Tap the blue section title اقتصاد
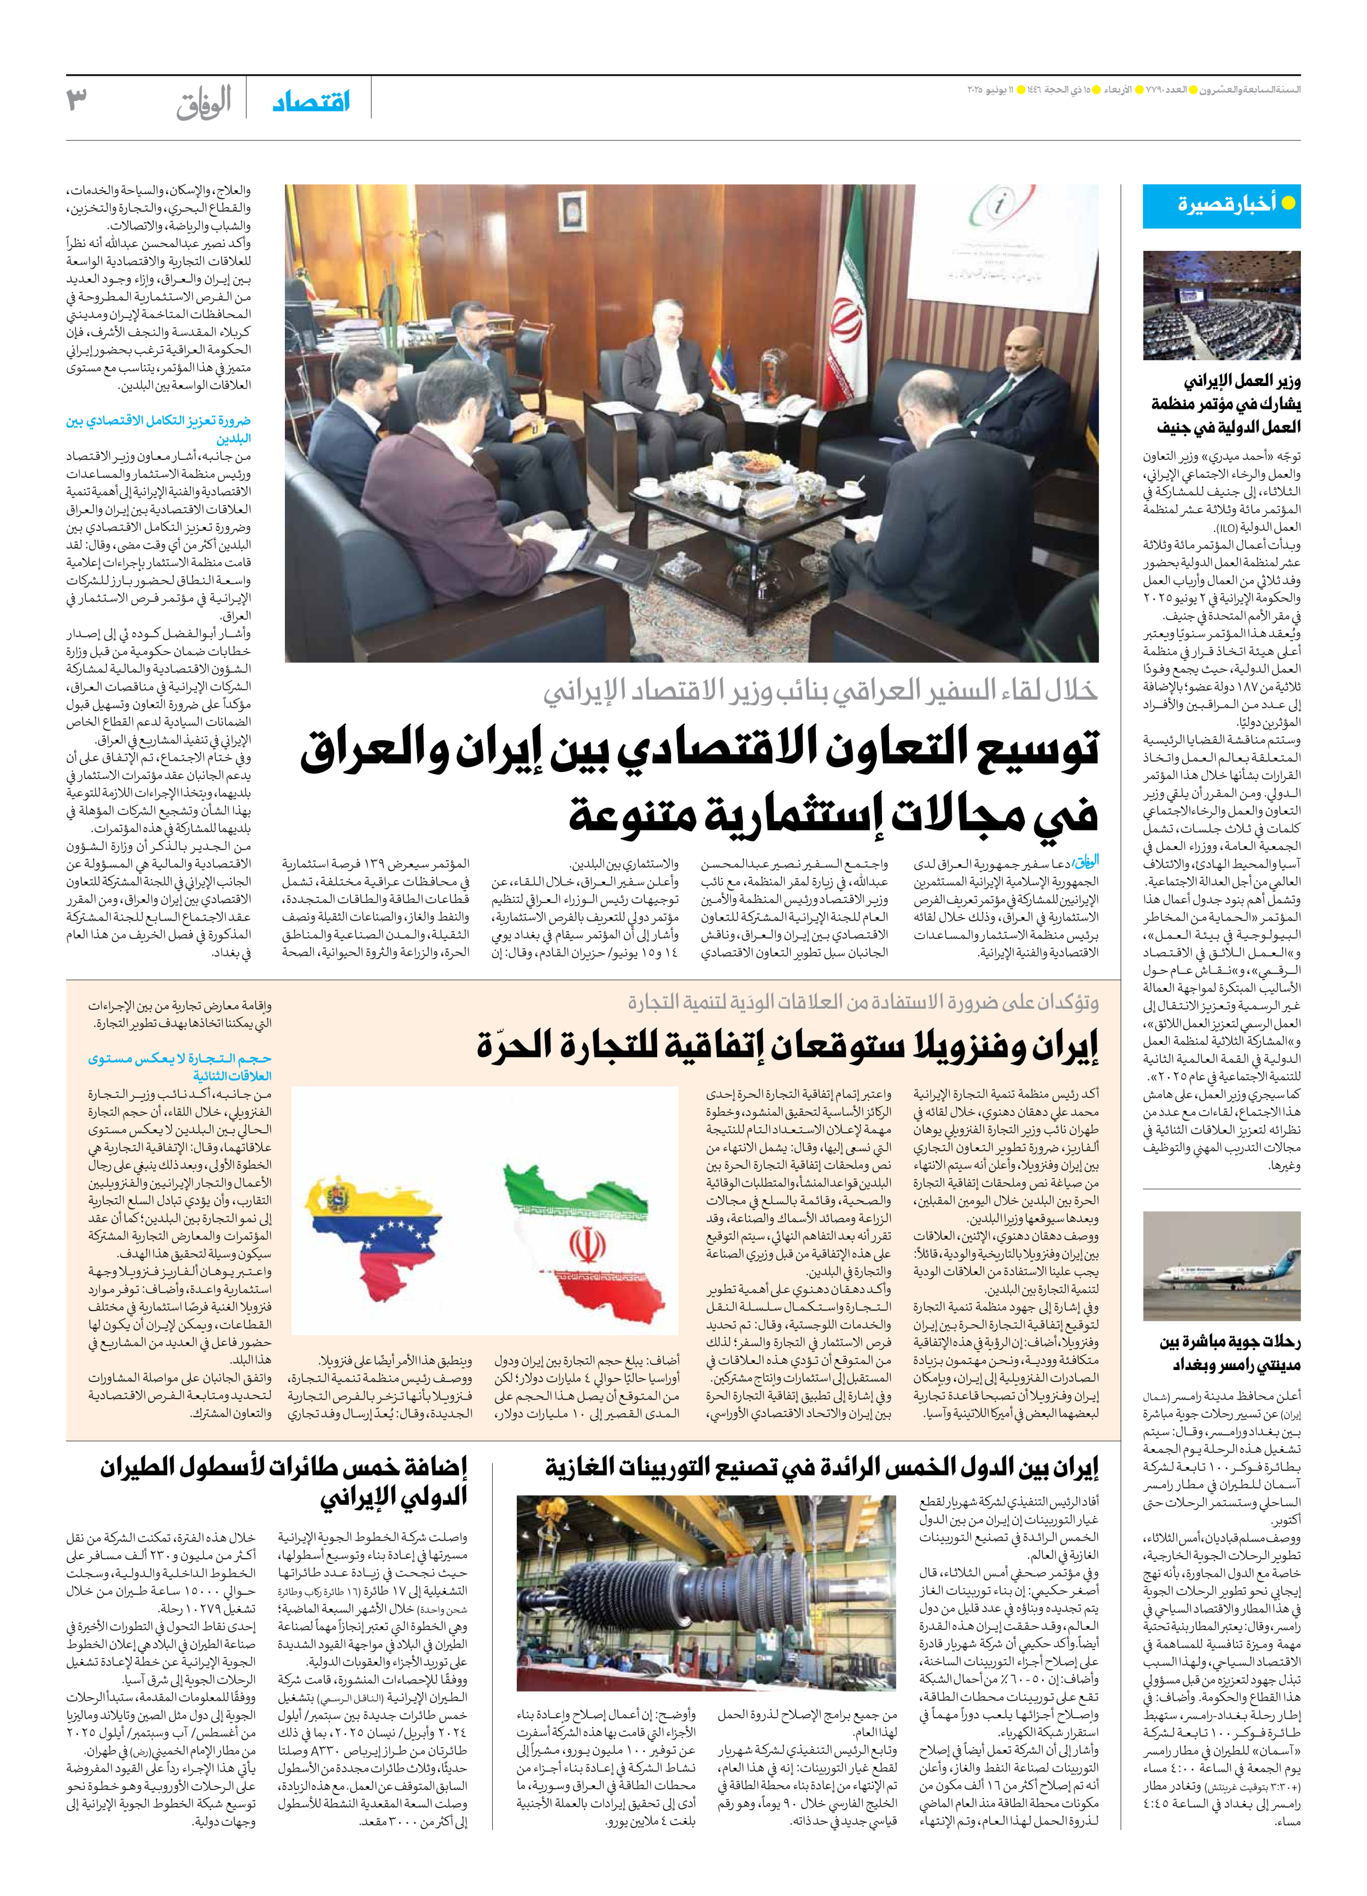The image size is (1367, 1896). pos(311,102)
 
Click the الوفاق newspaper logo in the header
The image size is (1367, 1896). pos(203,104)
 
